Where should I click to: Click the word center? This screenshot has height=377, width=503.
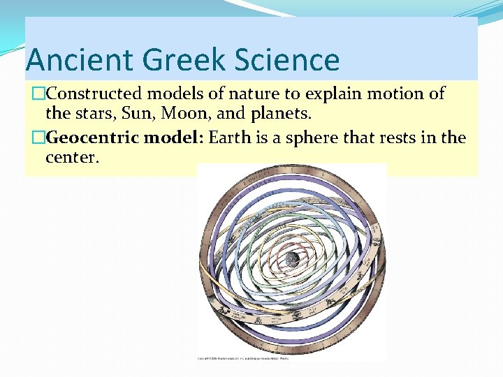(73, 157)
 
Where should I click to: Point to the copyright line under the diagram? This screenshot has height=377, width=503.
(243, 359)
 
